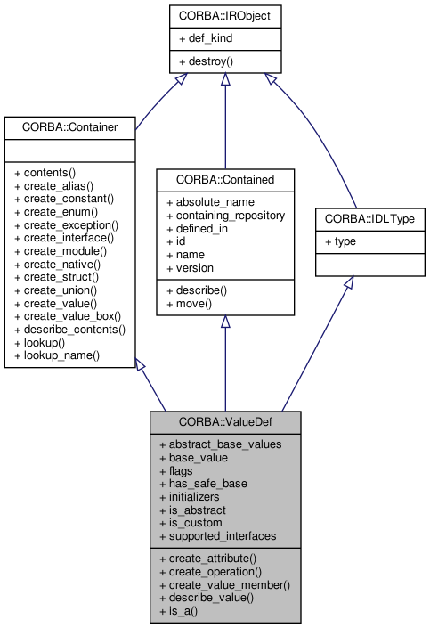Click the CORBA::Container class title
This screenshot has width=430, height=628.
click(68, 126)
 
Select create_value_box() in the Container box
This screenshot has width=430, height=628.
click(68, 315)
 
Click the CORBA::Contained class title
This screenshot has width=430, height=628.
click(225, 179)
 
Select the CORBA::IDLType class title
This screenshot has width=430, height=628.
click(369, 217)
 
